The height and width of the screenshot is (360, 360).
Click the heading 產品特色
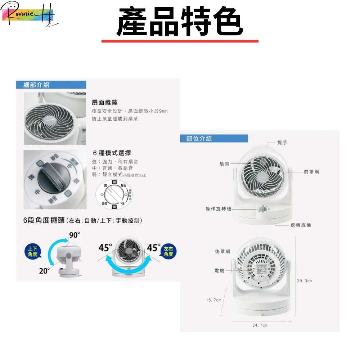click(x=180, y=22)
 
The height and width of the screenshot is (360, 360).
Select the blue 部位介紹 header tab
click(x=199, y=139)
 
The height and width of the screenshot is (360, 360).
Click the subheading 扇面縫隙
click(x=105, y=103)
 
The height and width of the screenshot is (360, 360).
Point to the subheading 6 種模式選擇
click(x=112, y=153)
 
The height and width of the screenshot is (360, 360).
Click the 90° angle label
click(x=75, y=235)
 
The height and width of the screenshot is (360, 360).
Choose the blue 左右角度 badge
click(x=168, y=251)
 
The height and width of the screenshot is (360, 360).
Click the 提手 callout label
click(x=282, y=143)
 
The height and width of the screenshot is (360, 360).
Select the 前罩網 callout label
click(x=311, y=172)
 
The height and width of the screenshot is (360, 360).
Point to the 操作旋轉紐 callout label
click(x=218, y=209)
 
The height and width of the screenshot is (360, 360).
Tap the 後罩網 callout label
click(x=222, y=251)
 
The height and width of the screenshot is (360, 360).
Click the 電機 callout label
click(x=219, y=270)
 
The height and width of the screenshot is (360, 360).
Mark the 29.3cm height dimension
click(x=305, y=280)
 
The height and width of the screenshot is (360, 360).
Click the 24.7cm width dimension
click(x=260, y=325)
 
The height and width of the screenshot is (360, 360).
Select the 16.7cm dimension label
click(x=213, y=300)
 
